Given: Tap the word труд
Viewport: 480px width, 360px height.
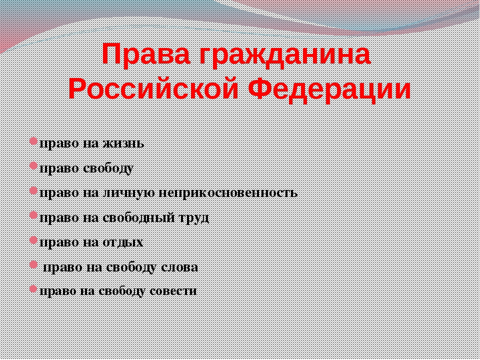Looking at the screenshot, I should click(194, 218).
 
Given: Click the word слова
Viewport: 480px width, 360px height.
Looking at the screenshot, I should click(180, 267).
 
